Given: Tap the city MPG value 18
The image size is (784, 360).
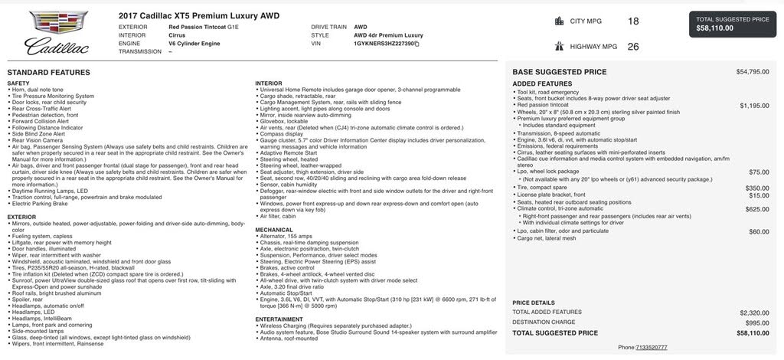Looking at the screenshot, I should point(633,21).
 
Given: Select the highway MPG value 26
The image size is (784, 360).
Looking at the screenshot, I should point(633,46).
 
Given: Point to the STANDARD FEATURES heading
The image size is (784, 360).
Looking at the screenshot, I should point(48,72).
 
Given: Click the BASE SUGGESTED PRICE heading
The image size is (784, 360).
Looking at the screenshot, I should point(559,72).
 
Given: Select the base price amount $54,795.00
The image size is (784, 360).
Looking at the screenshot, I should point(753,72).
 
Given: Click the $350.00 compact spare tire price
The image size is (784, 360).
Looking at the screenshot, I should point(757,188).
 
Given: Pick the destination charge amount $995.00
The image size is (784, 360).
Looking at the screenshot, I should point(757,322).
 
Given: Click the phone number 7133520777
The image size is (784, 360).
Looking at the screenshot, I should point(652,347).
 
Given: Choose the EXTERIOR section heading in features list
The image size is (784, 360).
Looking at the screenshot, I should point(21,217).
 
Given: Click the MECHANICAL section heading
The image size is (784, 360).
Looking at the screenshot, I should point(274,229).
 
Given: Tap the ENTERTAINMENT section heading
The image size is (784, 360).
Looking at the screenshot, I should point(279,319).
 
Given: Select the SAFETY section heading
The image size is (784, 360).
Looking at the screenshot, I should point(18,83).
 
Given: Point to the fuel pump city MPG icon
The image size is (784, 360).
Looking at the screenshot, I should point(559,21).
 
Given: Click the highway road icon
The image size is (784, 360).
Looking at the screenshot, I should point(559,46).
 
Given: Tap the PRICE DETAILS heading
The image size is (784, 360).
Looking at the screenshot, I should point(533,303).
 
